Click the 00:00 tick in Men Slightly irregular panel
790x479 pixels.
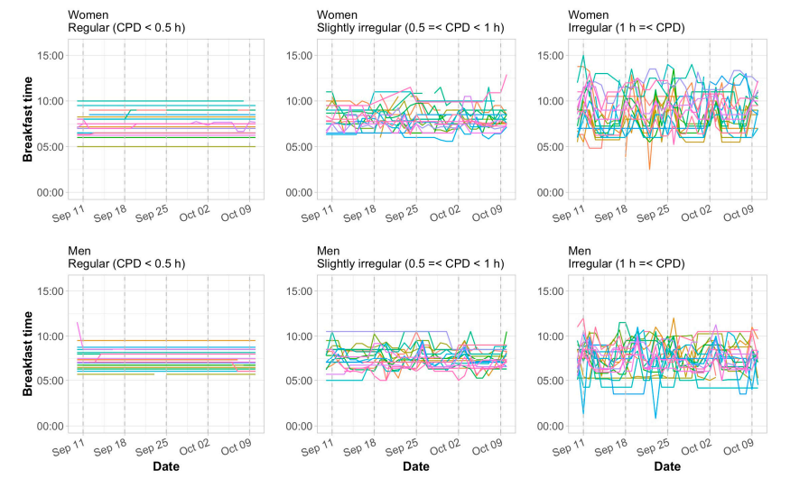301,426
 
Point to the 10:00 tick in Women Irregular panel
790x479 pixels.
552,100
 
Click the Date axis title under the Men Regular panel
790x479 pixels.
165,466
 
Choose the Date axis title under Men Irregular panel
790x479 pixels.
667,466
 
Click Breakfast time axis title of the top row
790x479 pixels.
28,124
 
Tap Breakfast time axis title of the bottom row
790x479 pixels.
28,358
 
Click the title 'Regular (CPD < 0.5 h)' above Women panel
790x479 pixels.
126,28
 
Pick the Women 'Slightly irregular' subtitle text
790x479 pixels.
411,28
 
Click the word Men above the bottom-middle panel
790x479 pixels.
329,249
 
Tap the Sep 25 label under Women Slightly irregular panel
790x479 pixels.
400,215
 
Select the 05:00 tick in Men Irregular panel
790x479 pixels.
552,381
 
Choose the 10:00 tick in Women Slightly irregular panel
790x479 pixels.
301,100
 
